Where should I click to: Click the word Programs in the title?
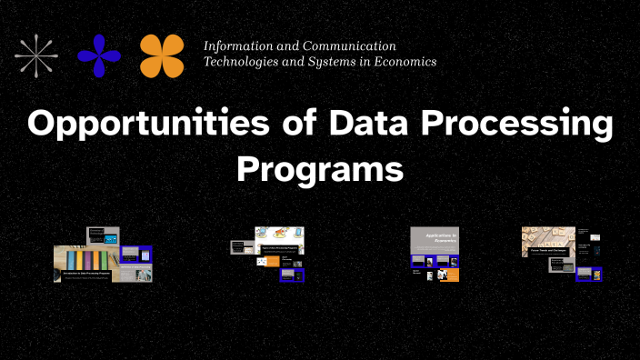[319, 168]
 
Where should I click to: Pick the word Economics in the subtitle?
[401, 62]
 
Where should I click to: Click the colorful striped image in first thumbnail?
[78, 255]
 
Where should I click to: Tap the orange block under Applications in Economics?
[446, 275]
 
